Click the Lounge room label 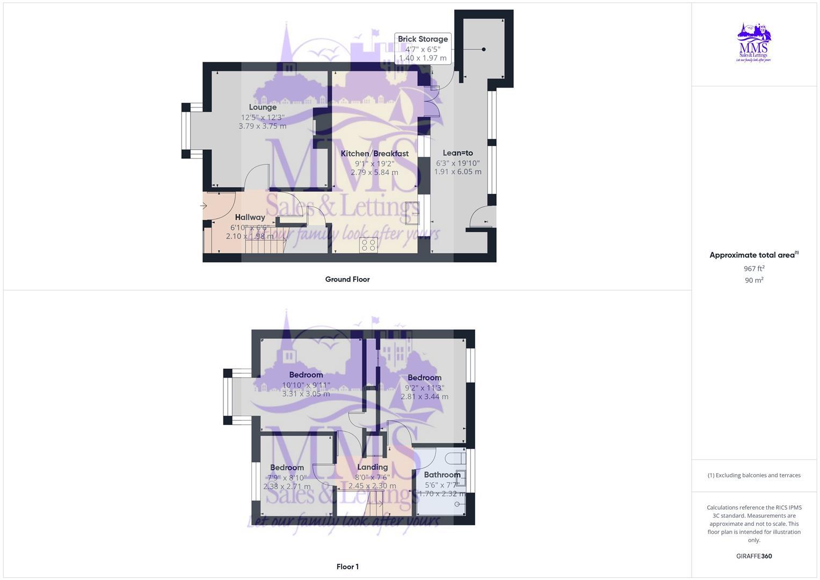point(263,107)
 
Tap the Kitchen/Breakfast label point(374,154)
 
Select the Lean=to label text point(458,153)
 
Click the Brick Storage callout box point(423,48)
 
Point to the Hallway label point(250,218)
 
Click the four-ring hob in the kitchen point(369,245)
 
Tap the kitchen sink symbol point(412,213)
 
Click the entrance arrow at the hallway point(204,206)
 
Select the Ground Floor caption point(347,279)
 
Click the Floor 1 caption point(347,567)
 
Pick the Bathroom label point(442,475)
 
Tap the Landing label point(372,467)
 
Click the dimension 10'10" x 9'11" point(306,385)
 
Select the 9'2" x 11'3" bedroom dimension point(424,388)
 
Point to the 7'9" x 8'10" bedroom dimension point(287,477)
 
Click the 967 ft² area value point(754,269)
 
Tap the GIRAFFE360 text point(754,556)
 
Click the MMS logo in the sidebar point(754,42)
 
